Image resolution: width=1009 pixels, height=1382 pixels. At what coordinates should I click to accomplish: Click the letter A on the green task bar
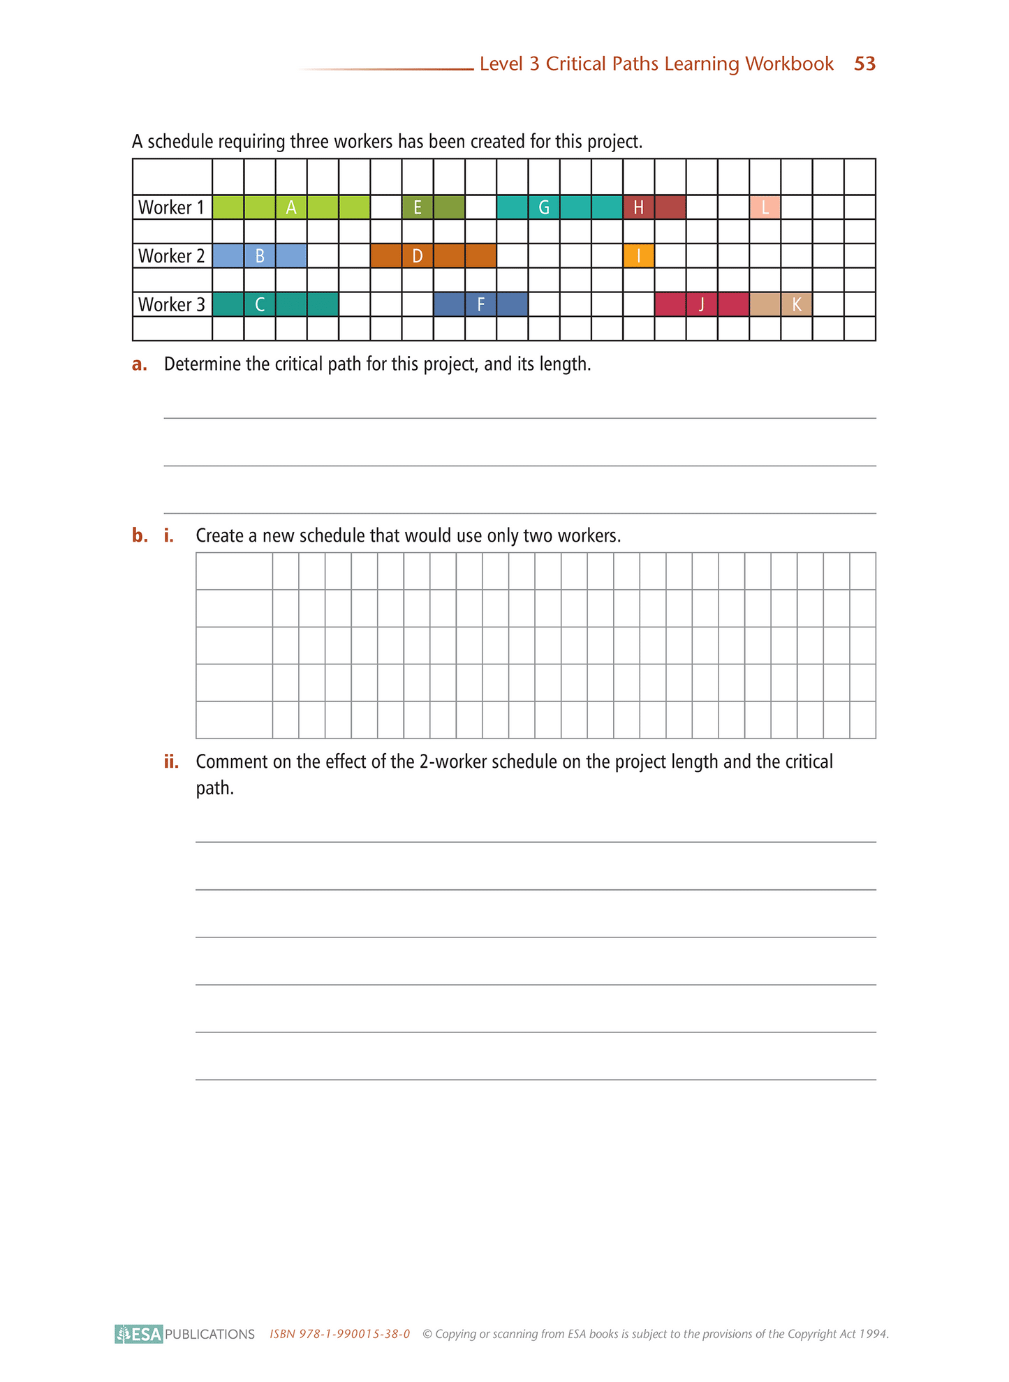click(291, 207)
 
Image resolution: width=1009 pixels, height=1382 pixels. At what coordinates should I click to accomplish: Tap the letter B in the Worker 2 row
click(260, 256)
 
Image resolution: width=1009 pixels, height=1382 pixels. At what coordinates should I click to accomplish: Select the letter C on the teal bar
click(260, 305)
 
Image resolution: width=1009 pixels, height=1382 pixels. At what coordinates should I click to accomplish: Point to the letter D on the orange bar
click(418, 256)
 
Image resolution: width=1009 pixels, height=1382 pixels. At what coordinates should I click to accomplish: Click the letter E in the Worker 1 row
click(418, 207)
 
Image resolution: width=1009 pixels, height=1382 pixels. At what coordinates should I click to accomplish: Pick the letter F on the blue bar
click(480, 305)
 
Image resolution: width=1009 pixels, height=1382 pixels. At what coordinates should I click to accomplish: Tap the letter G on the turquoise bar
click(544, 207)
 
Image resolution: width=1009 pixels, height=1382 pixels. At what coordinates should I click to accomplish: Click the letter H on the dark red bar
click(638, 207)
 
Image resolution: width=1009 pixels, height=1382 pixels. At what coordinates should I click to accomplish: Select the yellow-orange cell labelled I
click(638, 256)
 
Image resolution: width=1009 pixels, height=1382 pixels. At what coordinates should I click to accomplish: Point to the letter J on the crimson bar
click(701, 305)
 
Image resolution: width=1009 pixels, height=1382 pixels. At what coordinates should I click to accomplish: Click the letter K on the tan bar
click(796, 305)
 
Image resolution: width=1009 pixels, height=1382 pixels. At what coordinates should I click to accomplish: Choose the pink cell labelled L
click(765, 207)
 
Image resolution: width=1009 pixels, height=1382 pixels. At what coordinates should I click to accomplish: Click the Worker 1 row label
click(172, 207)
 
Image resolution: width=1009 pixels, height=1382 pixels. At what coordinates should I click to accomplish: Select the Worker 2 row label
click(172, 256)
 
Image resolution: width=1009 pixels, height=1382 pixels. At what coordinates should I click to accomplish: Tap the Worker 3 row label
click(172, 305)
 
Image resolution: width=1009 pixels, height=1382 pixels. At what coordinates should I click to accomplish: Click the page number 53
click(864, 64)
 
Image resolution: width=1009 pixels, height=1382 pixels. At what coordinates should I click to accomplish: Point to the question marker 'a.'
click(140, 364)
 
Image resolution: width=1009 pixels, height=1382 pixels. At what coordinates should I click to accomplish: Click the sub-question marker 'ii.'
click(171, 761)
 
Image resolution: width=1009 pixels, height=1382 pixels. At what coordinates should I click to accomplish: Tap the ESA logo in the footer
click(139, 1334)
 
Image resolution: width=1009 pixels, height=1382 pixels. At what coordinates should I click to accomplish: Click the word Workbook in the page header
click(789, 64)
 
